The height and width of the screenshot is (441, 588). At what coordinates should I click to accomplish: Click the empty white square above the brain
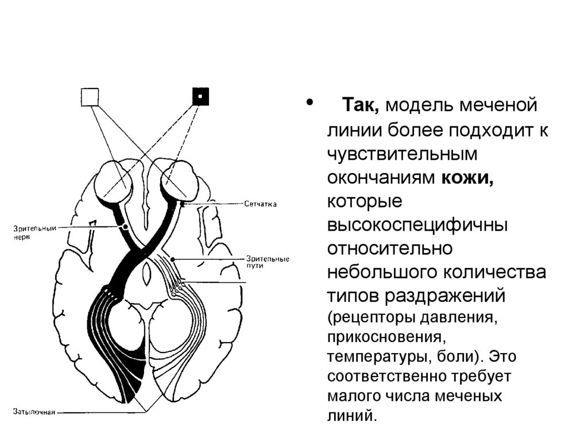90,97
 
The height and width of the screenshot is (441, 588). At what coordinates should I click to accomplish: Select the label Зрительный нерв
34,232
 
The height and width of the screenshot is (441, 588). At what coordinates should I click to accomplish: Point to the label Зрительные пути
267,262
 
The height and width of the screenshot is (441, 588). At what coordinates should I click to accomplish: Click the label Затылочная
34,412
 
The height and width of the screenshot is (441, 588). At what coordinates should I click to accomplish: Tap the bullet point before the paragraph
311,103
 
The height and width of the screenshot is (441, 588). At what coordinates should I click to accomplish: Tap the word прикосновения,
384,336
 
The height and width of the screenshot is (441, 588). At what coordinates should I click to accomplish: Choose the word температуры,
376,356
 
